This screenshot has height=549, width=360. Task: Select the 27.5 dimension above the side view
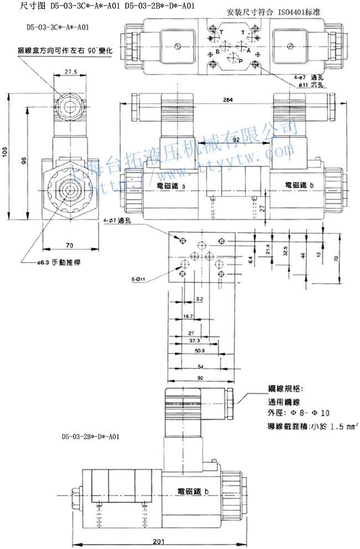(70, 71)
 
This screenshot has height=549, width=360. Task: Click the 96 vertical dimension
(23, 160)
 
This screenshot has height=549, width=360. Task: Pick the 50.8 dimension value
(200, 350)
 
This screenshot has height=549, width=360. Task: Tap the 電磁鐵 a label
(171, 186)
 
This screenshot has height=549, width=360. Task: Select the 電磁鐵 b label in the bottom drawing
(193, 491)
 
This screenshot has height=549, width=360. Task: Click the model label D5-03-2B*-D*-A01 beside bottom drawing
(92, 436)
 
